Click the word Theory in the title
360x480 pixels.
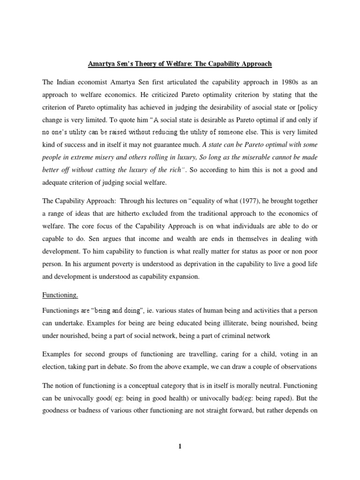(142, 63)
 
